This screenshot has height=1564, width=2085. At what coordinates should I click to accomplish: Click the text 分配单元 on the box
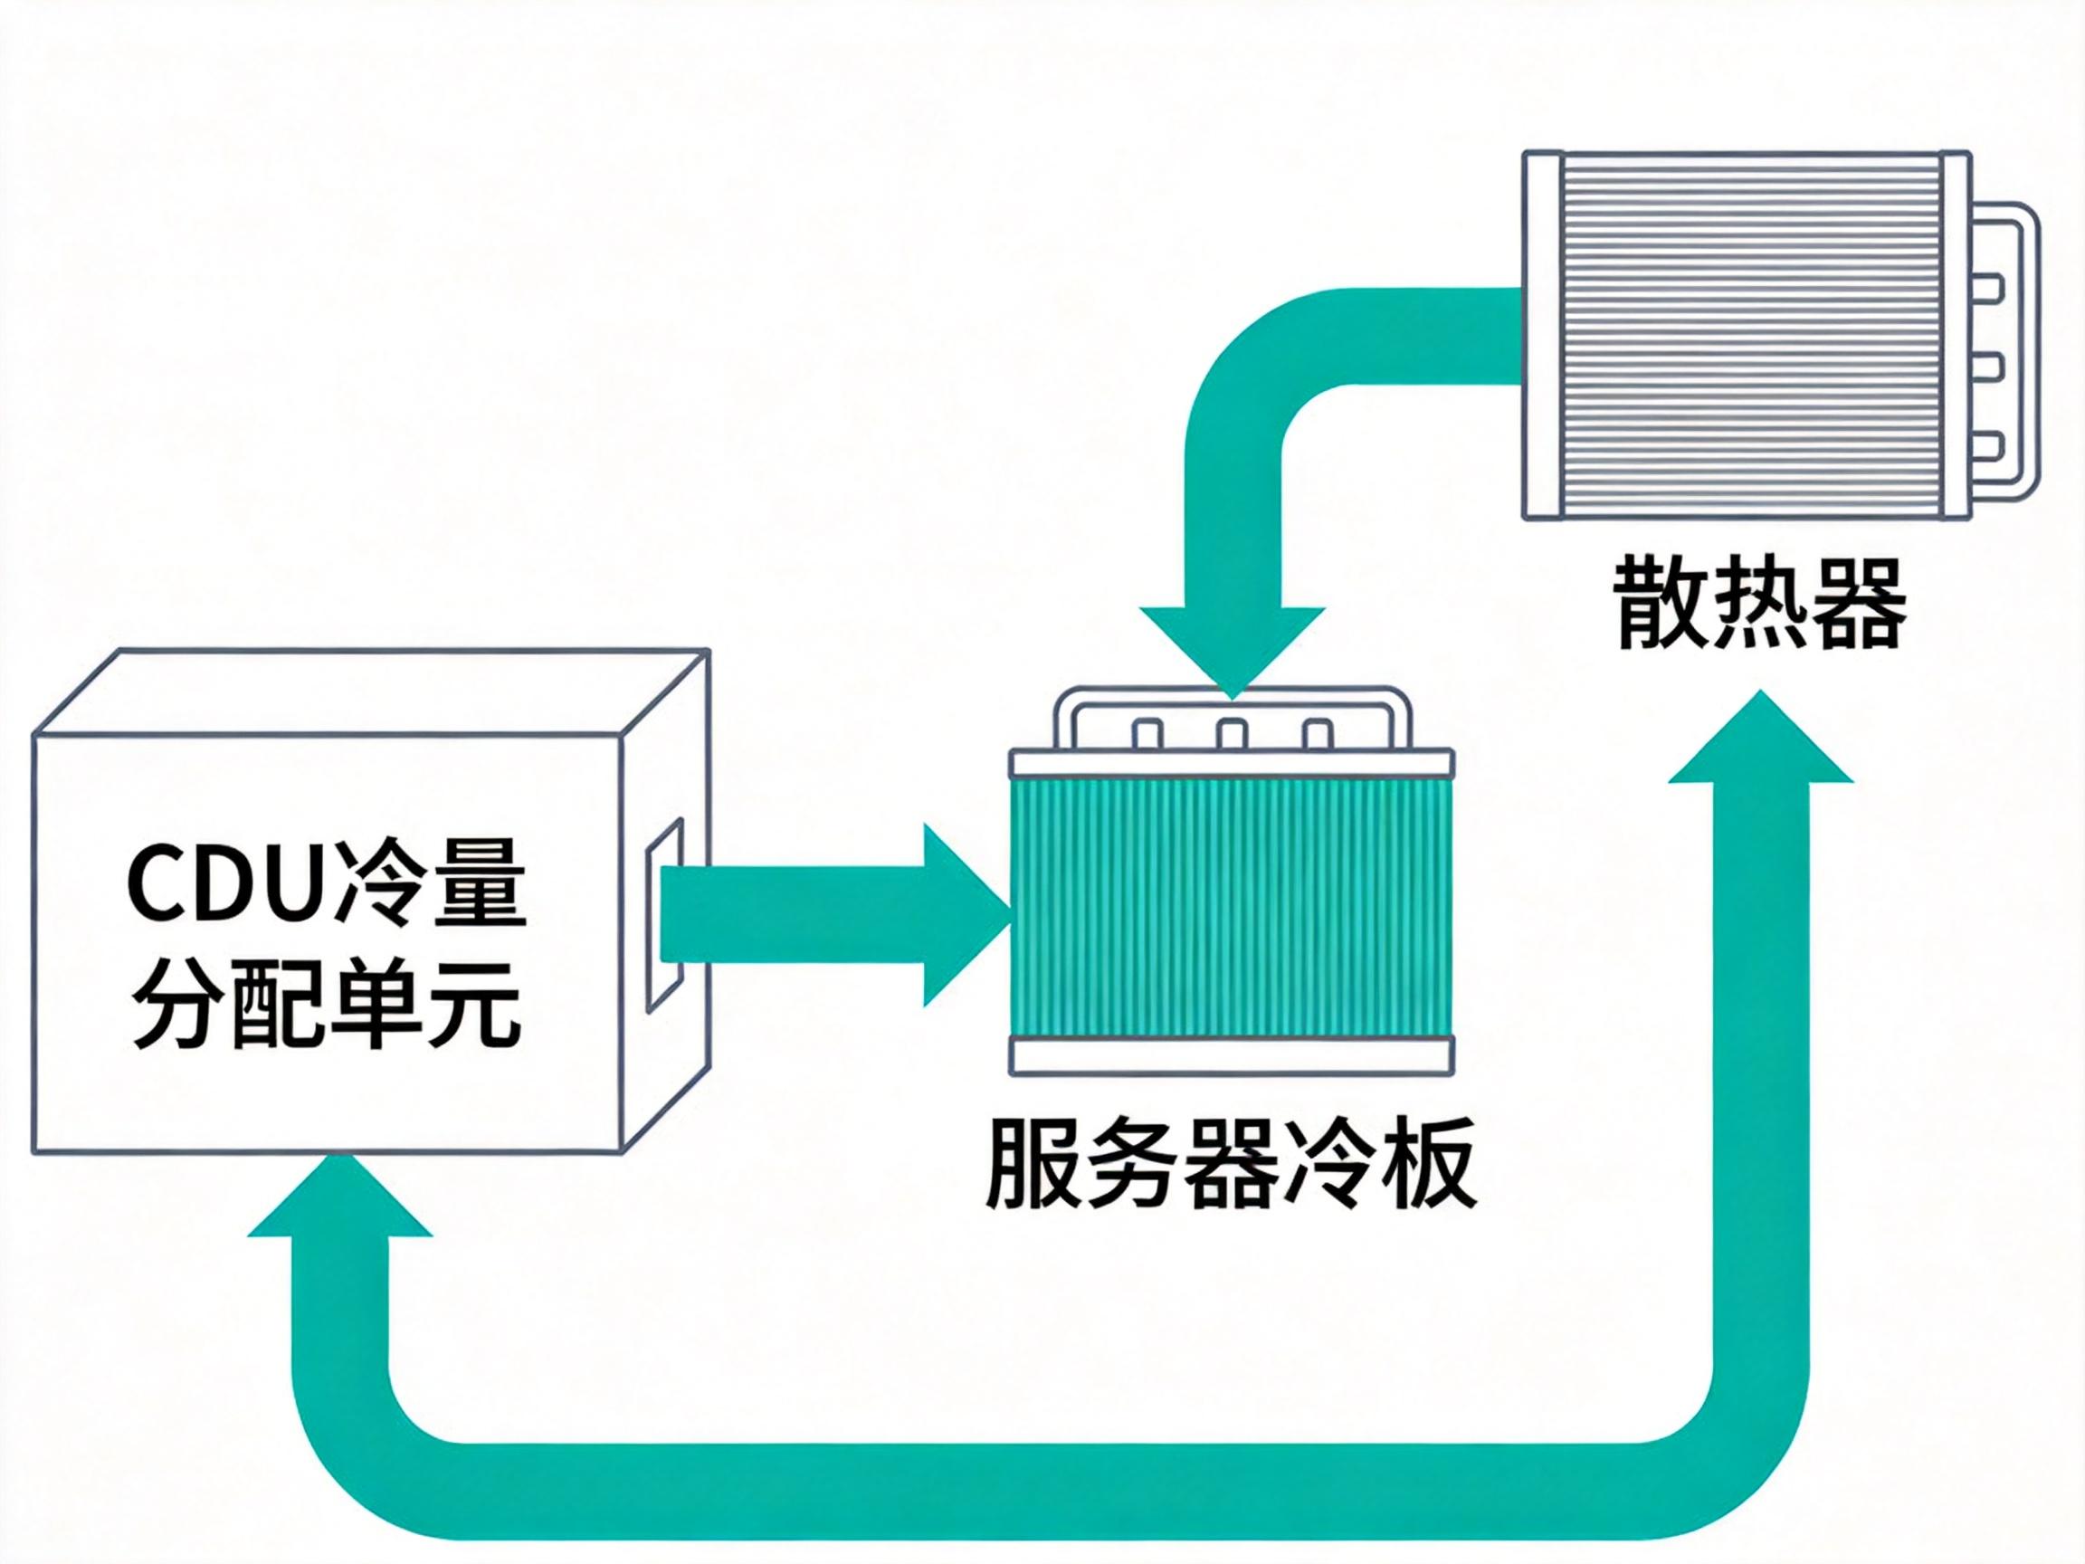326,1005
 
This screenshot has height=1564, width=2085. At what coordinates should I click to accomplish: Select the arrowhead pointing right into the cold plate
961,914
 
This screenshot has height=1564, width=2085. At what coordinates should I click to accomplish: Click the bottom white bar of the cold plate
1231,1055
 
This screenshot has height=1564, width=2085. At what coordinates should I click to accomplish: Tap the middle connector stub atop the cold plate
1232,733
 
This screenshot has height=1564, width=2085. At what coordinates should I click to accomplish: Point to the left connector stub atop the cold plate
1147,733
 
